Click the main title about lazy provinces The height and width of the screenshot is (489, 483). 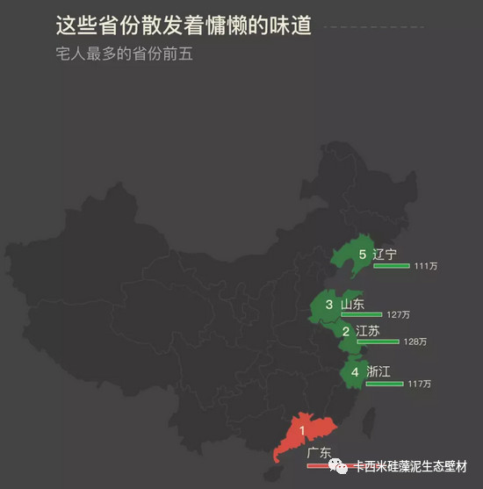(183, 25)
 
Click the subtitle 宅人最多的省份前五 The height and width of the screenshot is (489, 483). (122, 54)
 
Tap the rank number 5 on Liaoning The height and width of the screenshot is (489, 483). (362, 255)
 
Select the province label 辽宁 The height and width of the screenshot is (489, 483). (385, 255)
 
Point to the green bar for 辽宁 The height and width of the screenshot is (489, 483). (391, 265)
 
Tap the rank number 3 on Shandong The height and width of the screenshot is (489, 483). (328, 305)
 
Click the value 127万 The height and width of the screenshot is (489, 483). (398, 314)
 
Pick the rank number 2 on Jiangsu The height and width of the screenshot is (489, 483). (346, 332)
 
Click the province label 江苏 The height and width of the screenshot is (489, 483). (368, 331)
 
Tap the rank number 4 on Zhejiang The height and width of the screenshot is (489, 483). (355, 372)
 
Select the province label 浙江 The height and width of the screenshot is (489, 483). (378, 372)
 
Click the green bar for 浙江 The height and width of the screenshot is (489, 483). (384, 384)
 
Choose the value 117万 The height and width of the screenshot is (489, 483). (420, 385)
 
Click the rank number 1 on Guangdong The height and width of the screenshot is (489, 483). (302, 430)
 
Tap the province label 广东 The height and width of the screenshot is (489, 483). (319, 454)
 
